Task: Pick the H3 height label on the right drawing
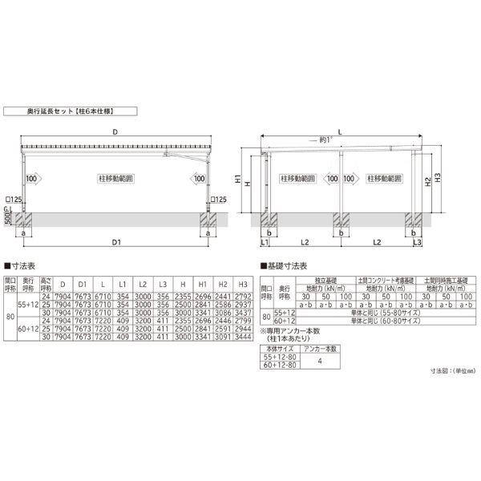tap(436, 178)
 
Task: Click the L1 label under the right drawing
tap(265, 240)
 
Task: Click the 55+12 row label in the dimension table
tap(28, 305)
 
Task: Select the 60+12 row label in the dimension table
tap(28, 328)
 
